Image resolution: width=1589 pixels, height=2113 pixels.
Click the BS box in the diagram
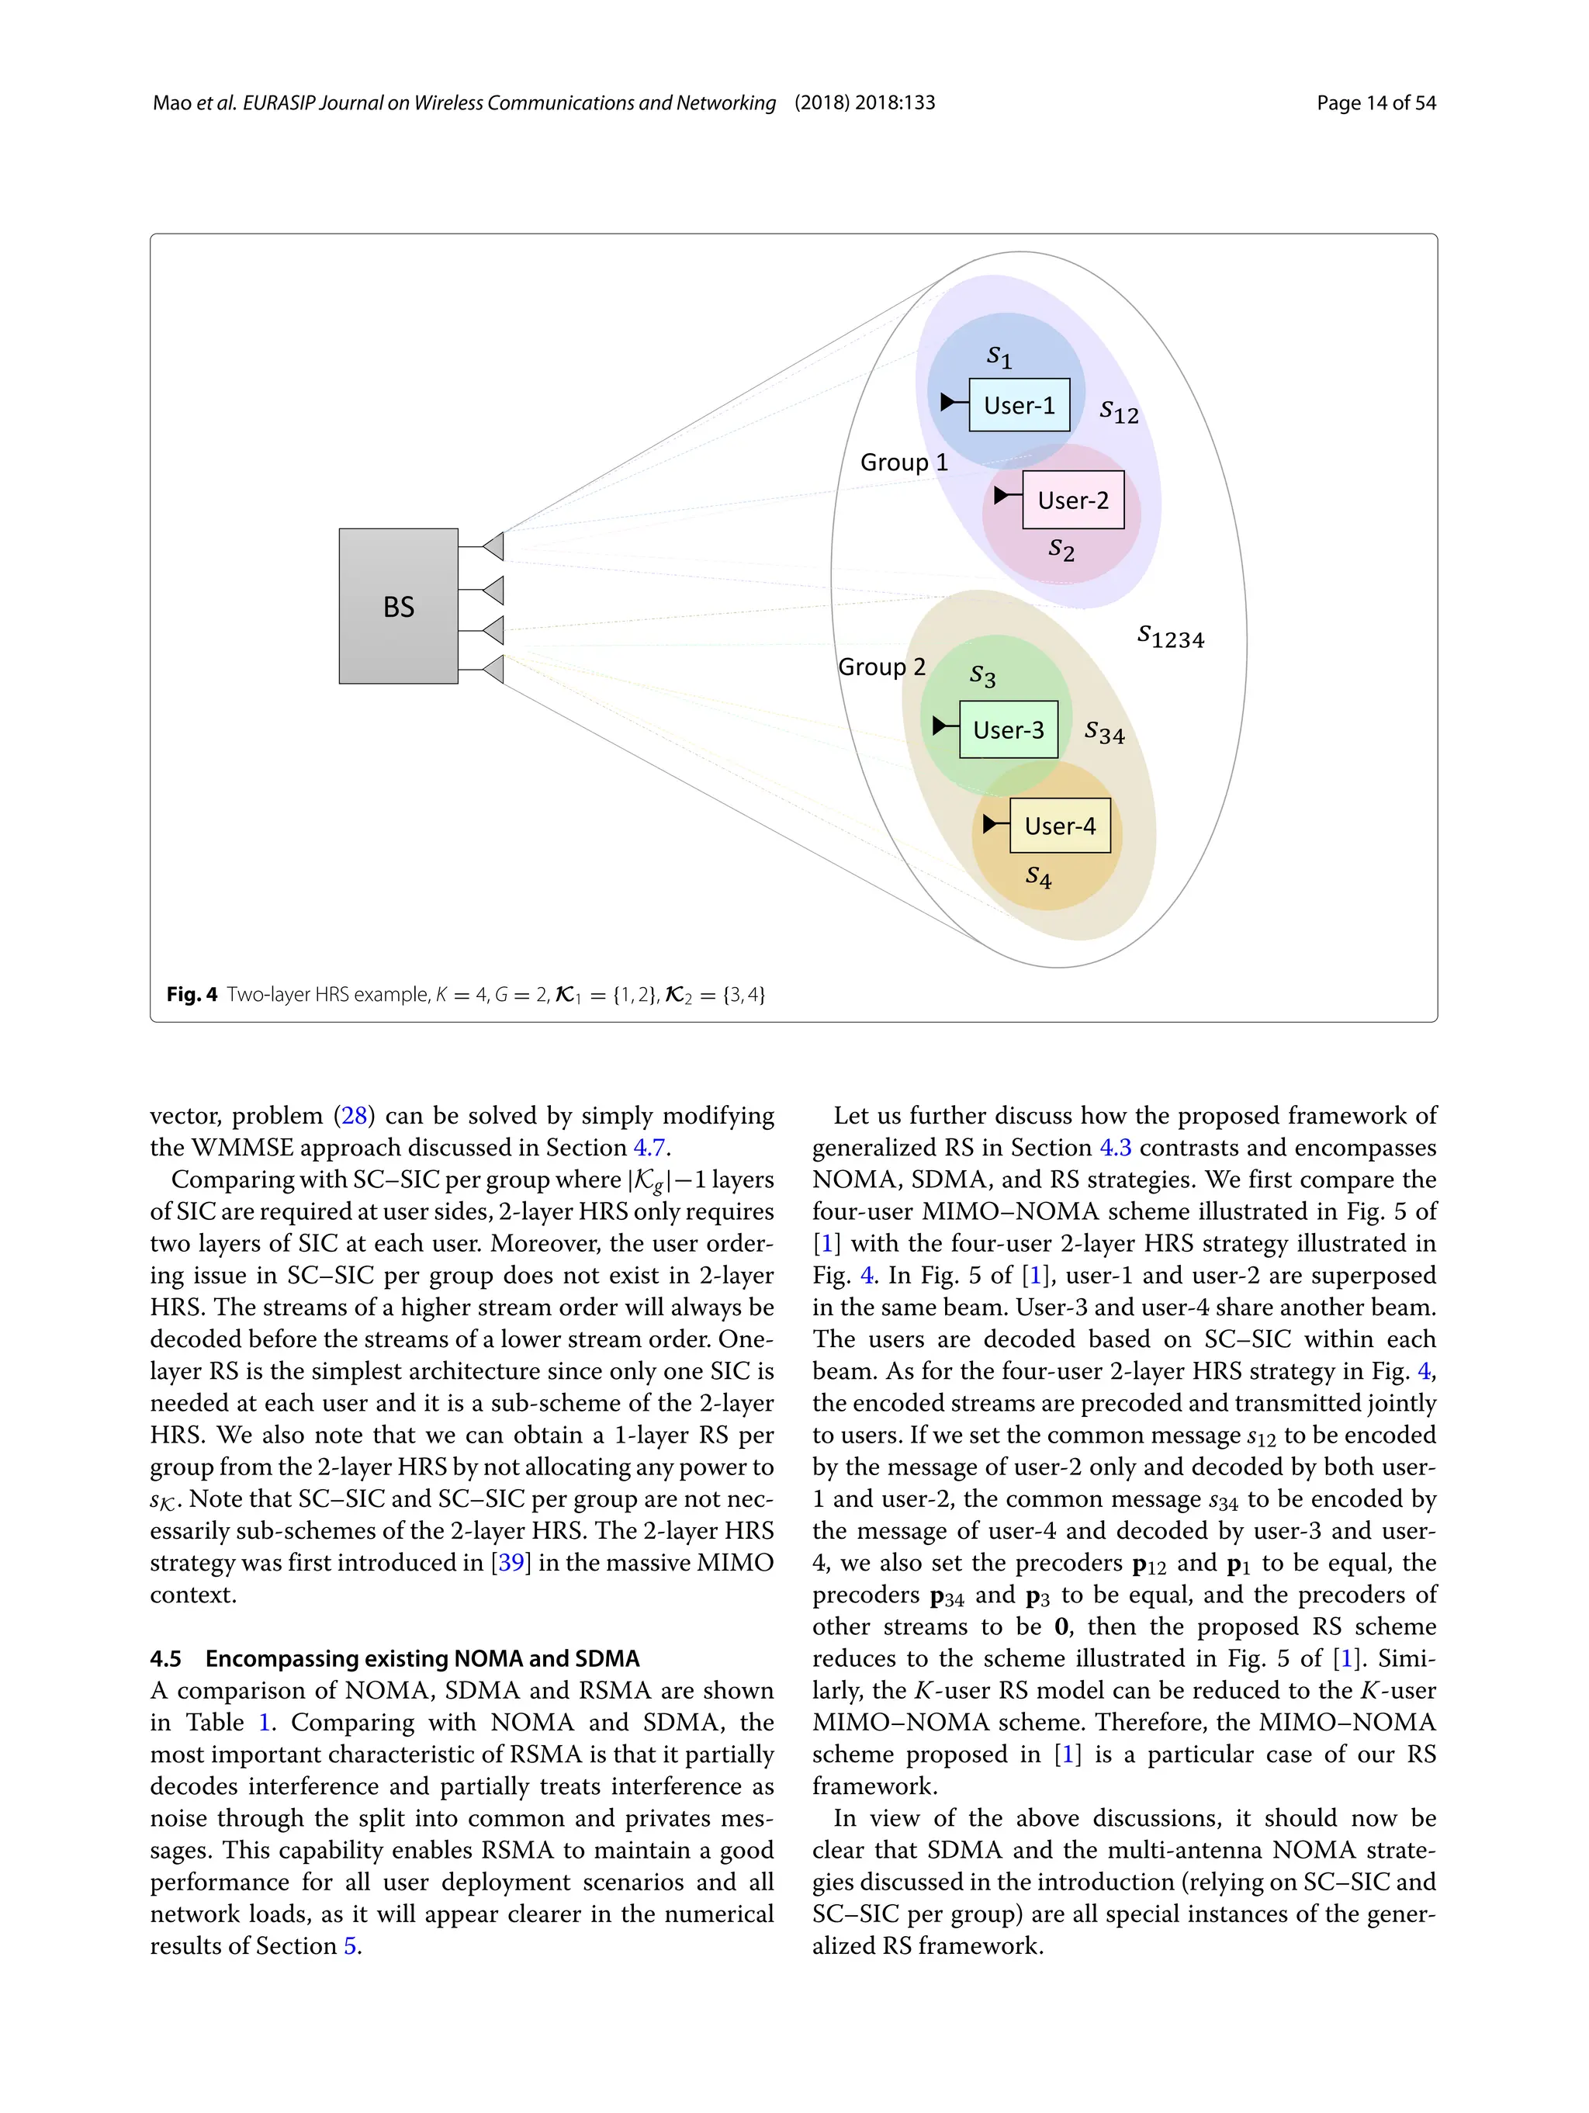[398, 605]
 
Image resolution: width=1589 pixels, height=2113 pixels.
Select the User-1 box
[1019, 405]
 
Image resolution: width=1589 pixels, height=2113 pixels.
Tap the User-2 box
[1072, 500]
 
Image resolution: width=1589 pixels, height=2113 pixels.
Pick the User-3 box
[1009, 729]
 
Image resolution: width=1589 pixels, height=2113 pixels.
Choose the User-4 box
[1060, 826]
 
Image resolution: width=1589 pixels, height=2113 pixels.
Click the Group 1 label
[903, 462]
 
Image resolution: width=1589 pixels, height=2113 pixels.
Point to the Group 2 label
[881, 667]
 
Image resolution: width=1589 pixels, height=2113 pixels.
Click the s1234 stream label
[1171, 637]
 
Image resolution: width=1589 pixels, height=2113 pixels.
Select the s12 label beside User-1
[1118, 412]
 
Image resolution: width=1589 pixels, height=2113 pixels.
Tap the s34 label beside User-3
[1104, 733]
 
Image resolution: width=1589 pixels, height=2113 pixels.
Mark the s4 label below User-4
[1038, 876]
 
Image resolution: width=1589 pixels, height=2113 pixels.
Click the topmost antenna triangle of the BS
[493, 546]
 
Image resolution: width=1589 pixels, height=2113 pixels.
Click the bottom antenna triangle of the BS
[493, 669]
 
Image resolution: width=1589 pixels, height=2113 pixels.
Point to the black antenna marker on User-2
[1002, 495]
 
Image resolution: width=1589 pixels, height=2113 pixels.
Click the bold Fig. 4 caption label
[192, 994]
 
